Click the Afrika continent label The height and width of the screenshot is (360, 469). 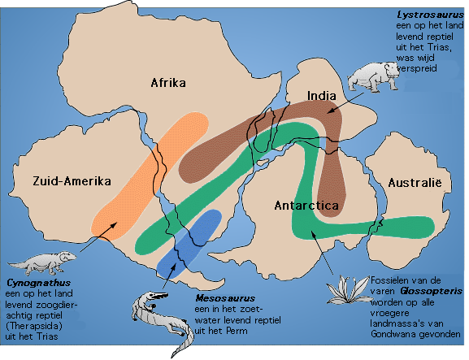pyautogui.click(x=169, y=83)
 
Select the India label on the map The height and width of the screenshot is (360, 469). pyautogui.click(x=322, y=96)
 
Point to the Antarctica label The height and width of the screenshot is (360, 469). pyautogui.click(x=306, y=206)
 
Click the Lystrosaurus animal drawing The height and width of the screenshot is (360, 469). pyautogui.click(x=372, y=77)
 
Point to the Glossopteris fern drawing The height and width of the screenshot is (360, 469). pyautogui.click(x=353, y=288)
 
